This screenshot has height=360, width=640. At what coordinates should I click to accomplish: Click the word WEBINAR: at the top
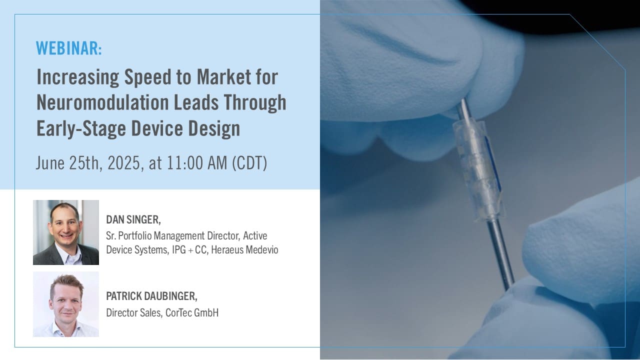click(x=69, y=48)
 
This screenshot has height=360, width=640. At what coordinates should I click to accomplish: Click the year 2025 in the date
click(x=120, y=164)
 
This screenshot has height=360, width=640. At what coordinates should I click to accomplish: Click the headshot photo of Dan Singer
click(x=66, y=232)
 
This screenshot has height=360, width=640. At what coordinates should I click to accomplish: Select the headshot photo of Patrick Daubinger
click(x=66, y=304)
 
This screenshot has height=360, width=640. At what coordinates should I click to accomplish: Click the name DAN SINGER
click(x=133, y=219)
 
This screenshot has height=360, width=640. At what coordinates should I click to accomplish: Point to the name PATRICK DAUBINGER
click(x=151, y=296)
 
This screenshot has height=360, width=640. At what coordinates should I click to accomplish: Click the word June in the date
click(x=50, y=164)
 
